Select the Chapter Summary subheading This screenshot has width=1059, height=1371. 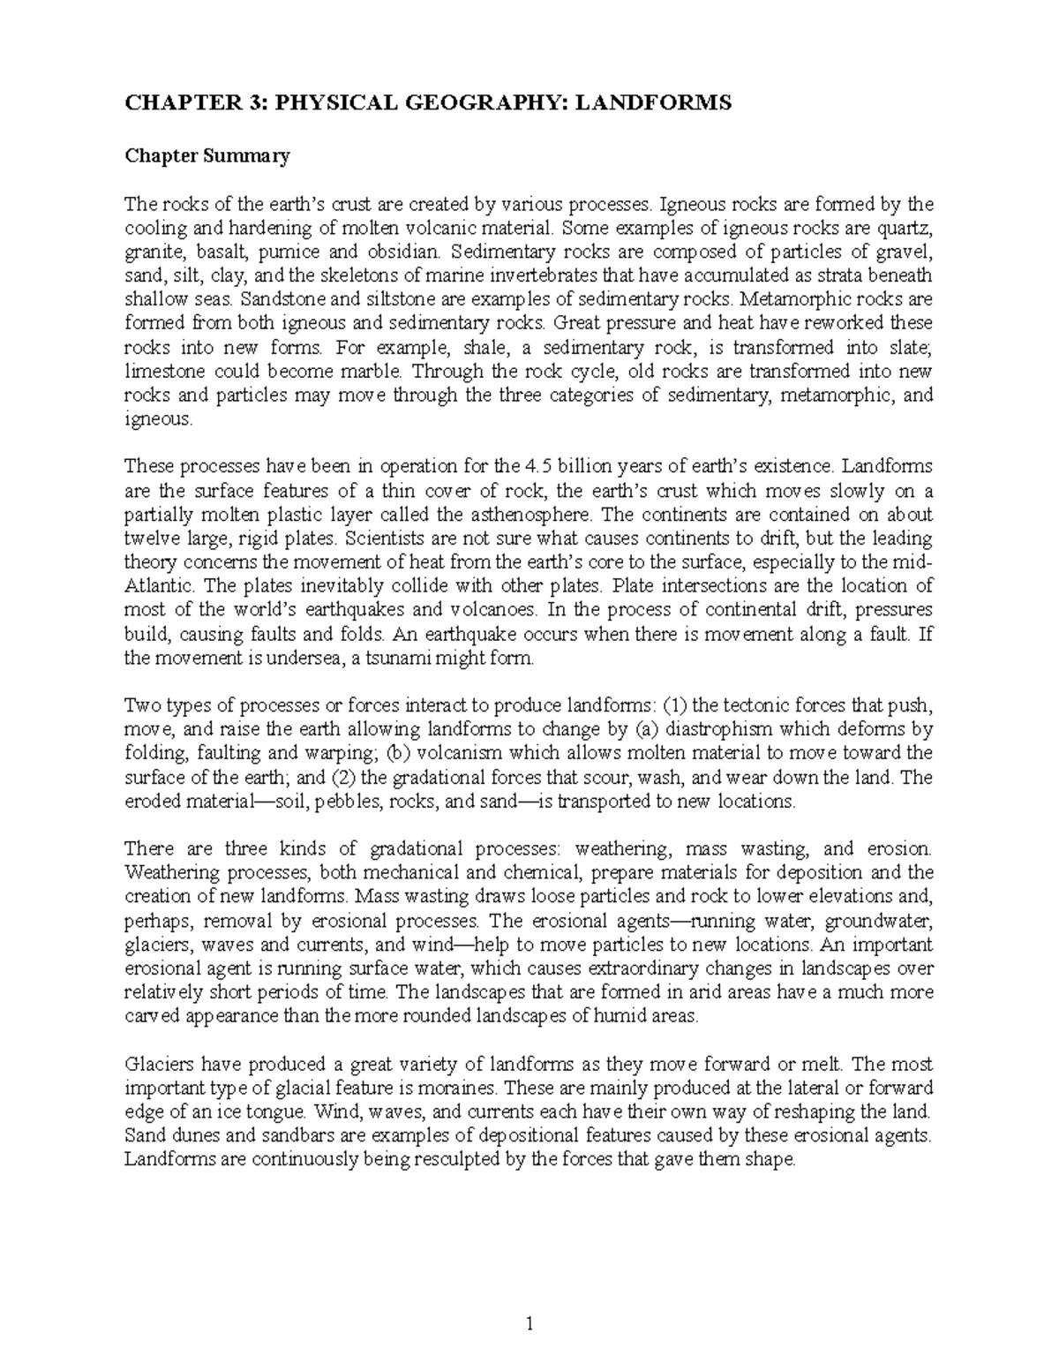[207, 157]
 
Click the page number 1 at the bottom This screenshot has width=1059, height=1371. [529, 1324]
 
